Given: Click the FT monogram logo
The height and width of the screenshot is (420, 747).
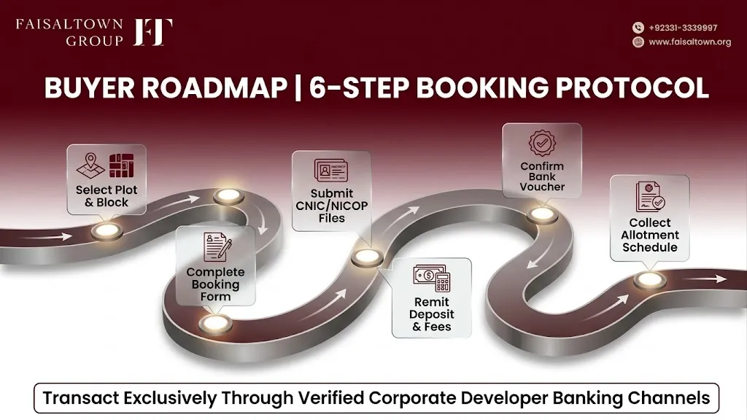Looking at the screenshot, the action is [152, 32].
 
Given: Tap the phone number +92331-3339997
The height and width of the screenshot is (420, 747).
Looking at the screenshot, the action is [683, 28].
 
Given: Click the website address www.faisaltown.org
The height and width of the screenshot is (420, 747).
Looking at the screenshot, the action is [689, 42].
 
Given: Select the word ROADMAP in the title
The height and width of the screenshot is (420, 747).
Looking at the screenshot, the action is [214, 87].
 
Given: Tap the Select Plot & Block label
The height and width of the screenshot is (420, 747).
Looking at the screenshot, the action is [107, 195].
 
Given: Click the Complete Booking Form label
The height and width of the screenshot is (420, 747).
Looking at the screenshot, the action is [215, 284].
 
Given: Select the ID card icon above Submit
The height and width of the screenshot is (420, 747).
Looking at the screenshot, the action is [331, 171].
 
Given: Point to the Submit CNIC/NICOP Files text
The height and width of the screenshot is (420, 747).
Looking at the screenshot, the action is [332, 206].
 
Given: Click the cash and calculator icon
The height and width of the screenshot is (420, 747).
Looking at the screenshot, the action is [432, 278].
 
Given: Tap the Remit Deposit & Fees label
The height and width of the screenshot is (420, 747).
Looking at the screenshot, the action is [432, 314].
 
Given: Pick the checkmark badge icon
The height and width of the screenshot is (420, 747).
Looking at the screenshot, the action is [542, 143].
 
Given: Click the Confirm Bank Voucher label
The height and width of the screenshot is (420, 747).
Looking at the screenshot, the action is [542, 176].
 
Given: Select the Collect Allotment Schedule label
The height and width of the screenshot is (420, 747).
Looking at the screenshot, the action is [650, 235].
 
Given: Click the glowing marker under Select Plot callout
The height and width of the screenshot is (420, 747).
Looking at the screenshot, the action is [107, 231].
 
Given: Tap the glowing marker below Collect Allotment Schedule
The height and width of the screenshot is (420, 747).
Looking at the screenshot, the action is [650, 279].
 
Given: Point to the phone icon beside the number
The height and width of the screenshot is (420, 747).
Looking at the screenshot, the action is [638, 28].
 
